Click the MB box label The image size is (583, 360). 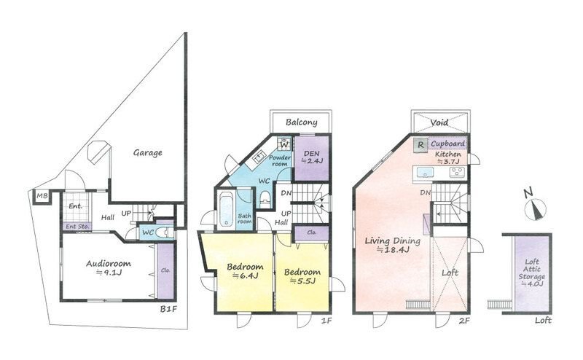tap(42, 195)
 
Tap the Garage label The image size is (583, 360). tap(148, 152)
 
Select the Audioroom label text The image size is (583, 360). tap(108, 264)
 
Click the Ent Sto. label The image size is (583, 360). tap(77, 226)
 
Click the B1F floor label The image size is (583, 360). tap(168, 309)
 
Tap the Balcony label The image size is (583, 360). tap(302, 122)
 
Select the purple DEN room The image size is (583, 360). tap(312, 158)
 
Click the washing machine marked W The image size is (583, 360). tap(283, 144)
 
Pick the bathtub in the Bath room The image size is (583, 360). tap(226, 209)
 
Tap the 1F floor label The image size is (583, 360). tap(326, 320)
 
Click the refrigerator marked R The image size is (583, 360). tap(420, 145)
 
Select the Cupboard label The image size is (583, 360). tap(447, 143)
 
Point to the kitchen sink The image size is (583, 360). tap(424, 173)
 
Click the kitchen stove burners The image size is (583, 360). tap(457, 172)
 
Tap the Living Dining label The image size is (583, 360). tap(392, 240)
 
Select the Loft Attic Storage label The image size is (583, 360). tap(532, 273)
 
